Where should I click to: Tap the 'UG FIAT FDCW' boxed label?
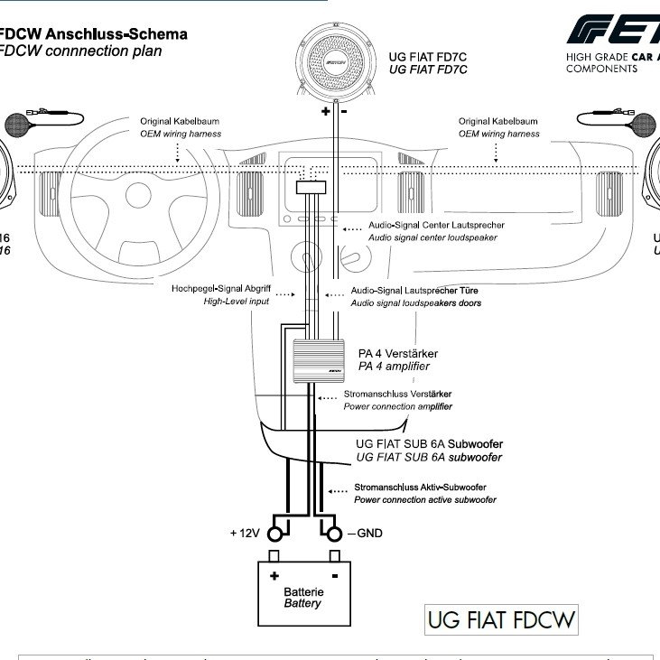[x=500, y=621]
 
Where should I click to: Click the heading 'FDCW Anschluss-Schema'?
[x=94, y=34]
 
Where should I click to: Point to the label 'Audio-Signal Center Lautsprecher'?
[x=436, y=225]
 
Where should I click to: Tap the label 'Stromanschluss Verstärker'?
[x=397, y=395]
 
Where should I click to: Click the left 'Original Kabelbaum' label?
[x=179, y=121]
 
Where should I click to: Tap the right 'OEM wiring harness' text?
[x=498, y=134]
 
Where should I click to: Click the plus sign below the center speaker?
[x=325, y=112]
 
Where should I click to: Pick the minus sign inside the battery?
[x=334, y=574]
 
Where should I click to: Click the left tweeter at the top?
[x=21, y=122]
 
